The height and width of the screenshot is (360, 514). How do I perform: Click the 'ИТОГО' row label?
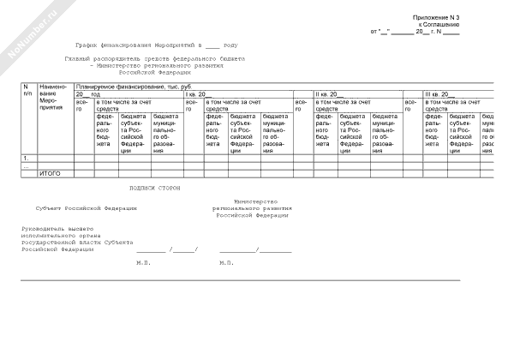pyautogui.click(x=50, y=173)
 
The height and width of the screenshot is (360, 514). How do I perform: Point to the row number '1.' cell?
pyautogui.click(x=26, y=159)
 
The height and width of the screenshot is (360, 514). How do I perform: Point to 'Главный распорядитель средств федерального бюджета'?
pyautogui.click(x=154, y=58)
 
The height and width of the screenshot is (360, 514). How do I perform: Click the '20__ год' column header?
pyautogui.click(x=87, y=93)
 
